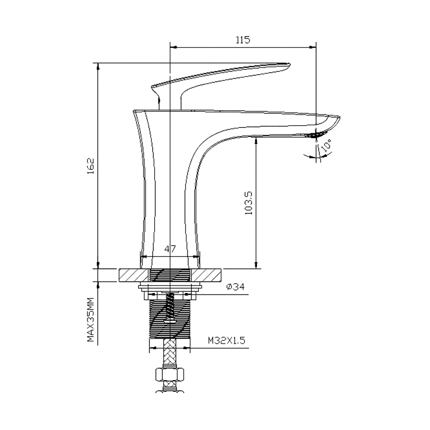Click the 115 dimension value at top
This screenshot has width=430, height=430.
[243, 39]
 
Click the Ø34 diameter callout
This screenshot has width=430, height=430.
[235, 287]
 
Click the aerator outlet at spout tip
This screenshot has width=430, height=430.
[319, 134]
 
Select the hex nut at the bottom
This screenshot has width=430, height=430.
[170, 374]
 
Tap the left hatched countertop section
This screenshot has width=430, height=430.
[131, 275]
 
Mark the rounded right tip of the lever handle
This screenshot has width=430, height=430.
[288, 67]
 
